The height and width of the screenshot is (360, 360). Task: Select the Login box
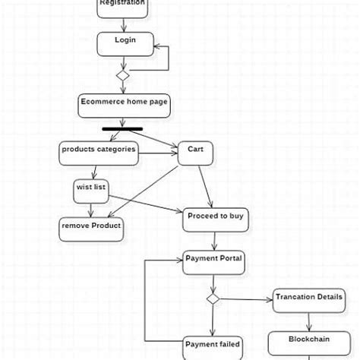tap(125, 43)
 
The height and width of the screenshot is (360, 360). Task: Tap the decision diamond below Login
tap(122, 75)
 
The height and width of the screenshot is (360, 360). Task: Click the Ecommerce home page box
tap(125, 105)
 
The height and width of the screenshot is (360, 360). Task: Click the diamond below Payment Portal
tap(213, 299)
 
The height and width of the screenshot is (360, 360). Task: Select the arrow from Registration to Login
tap(122, 24)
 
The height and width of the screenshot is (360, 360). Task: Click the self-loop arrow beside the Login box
tap(167, 57)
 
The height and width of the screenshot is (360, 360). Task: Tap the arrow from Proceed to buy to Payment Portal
tap(215, 241)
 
